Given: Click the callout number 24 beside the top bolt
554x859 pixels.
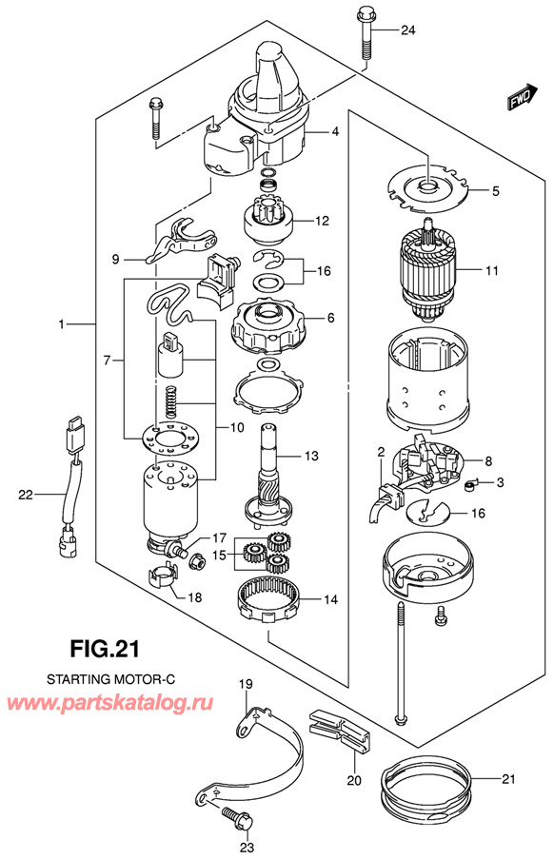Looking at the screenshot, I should tap(408, 30).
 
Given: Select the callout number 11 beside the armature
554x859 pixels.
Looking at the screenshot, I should tap(491, 271).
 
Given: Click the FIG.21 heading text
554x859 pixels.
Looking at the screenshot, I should tap(105, 652).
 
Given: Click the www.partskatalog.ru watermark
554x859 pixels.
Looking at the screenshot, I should tap(111, 703).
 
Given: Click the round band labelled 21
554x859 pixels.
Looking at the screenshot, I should tap(427, 782).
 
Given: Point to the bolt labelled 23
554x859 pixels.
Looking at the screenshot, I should tap(232, 816).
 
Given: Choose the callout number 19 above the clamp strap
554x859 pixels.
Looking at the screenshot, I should tap(245, 684).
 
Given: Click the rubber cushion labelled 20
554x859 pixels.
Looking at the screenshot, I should tap(337, 726).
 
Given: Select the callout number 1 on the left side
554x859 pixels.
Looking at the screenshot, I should tap(62, 325).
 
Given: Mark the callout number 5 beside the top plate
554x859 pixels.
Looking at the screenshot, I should tap(495, 191).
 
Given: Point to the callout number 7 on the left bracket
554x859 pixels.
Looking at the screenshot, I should tap(108, 361).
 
